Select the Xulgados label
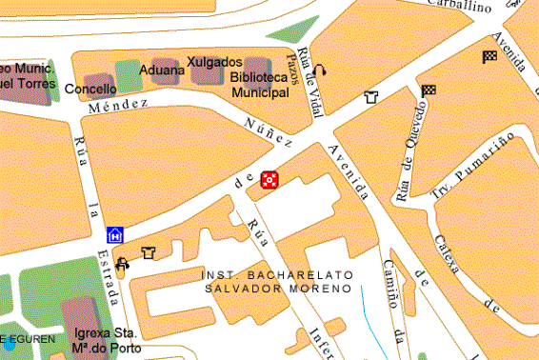tap(214, 62)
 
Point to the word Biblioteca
tap(259, 78)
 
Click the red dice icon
tap(269, 179)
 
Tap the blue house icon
tap(115, 234)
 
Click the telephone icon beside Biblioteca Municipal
tap(320, 69)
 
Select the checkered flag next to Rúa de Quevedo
tap(429, 91)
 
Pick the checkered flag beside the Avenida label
tap(489, 56)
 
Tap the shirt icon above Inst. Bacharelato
tap(148, 252)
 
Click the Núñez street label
tap(268, 130)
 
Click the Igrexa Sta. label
tap(106, 334)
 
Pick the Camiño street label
tap(391, 286)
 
